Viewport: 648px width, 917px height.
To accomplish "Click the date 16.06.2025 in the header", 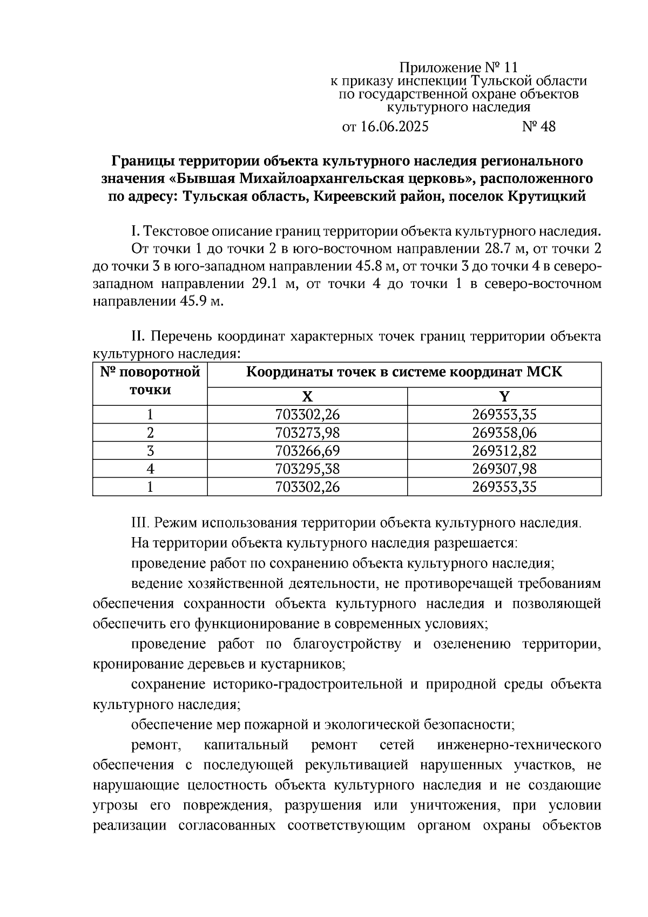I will (x=394, y=127).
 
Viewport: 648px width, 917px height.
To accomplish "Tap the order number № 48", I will (x=538, y=127).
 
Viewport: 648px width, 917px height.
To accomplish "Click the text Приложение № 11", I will (x=458, y=68).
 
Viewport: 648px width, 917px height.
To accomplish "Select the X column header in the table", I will (x=307, y=397).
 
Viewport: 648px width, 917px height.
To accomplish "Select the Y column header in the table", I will (x=504, y=397).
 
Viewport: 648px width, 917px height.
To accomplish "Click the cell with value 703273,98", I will (x=307, y=433).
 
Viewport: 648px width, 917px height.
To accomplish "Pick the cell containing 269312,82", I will (x=504, y=451).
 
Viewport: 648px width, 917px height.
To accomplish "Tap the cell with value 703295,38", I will (x=307, y=468).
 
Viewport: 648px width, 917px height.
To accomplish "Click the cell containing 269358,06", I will (x=504, y=433).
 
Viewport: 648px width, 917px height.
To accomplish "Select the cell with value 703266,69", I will (x=307, y=451).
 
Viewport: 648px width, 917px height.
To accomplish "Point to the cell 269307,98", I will (x=504, y=468).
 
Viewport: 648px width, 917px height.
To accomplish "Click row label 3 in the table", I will (x=150, y=451).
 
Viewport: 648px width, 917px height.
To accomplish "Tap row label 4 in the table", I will (x=150, y=468).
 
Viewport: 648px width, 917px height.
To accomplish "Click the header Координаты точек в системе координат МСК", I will (x=404, y=372).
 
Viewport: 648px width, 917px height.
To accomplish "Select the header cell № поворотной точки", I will (x=150, y=381).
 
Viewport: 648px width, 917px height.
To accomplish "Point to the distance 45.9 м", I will (x=200, y=302).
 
